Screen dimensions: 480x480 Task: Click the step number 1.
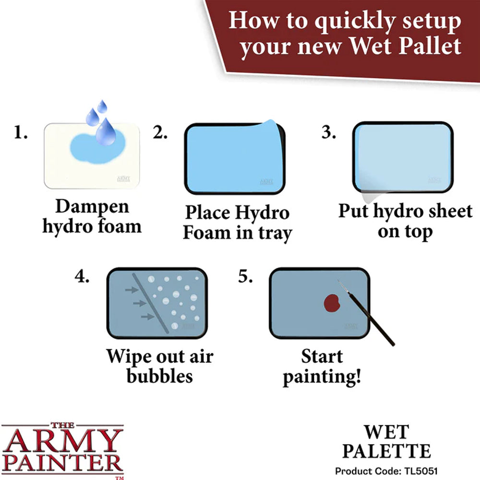coord(20,133)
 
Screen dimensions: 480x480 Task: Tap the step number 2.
coord(160,133)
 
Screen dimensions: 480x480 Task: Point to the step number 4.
coord(82,277)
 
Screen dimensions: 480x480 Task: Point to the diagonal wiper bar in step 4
coord(149,303)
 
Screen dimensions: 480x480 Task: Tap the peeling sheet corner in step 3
coord(368,196)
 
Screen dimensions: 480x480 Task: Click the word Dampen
coord(92,207)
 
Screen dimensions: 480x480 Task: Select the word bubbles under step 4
coord(159,376)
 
